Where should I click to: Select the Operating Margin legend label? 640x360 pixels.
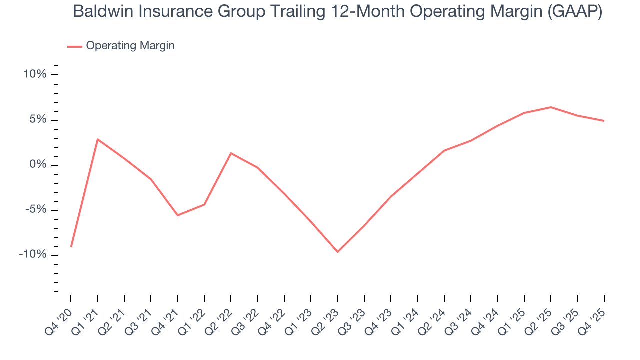click(x=130, y=46)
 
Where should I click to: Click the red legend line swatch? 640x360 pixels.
click(x=74, y=46)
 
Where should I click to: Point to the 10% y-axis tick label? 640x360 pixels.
click(x=35, y=75)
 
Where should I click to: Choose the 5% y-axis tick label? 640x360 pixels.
click(x=37, y=120)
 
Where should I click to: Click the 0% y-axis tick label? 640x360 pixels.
click(x=37, y=165)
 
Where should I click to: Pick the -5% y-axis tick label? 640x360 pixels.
click(x=35, y=210)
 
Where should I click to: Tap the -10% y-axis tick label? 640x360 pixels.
click(x=33, y=255)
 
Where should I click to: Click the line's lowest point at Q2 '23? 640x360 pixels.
click(x=337, y=252)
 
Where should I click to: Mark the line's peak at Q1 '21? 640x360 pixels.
click(x=97, y=139)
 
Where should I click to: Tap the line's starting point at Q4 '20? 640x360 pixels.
click(x=71, y=246)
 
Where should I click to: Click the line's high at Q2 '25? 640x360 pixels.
click(x=551, y=107)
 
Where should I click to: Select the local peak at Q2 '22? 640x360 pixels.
click(x=231, y=153)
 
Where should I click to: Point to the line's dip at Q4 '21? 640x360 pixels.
click(x=177, y=215)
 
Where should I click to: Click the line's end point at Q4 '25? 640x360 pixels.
click(x=604, y=121)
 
